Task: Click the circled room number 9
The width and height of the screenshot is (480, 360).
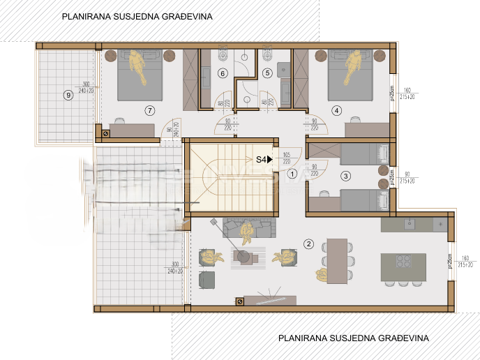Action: tap(68, 95)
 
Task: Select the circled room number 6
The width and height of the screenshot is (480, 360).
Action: tap(223, 73)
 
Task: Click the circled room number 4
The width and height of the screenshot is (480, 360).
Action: tap(336, 110)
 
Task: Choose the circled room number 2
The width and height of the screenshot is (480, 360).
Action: tap(308, 243)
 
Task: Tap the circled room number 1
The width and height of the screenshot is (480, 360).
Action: tap(292, 174)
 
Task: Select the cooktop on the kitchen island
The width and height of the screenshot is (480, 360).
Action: tap(403, 262)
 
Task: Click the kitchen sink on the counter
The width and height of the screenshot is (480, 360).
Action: tap(410, 225)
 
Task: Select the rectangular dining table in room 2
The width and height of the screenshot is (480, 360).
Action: tap(337, 260)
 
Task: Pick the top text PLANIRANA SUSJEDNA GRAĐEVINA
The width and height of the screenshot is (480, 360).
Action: tap(137, 15)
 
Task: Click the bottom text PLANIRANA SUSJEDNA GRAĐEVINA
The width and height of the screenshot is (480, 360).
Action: tap(353, 338)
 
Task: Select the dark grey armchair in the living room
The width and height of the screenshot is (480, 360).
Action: tap(207, 280)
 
